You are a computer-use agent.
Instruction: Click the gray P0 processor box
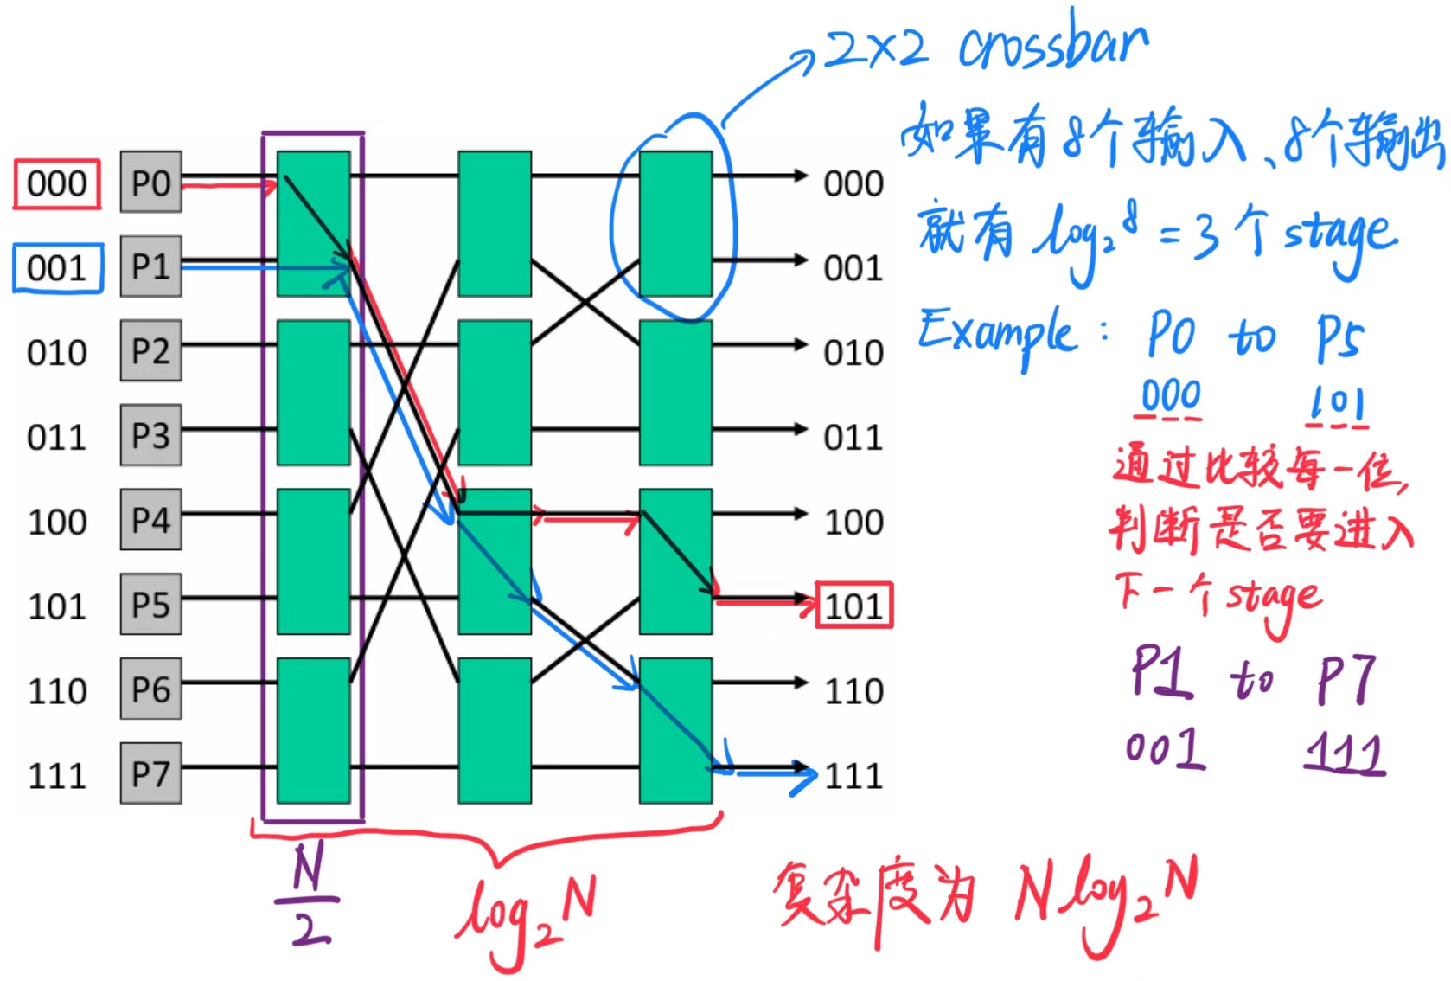tap(151, 183)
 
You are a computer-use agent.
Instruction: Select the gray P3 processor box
tap(151, 436)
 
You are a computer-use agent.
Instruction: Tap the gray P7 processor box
tap(151, 773)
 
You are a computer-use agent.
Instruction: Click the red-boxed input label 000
tap(57, 184)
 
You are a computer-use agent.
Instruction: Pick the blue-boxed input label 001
tap(57, 268)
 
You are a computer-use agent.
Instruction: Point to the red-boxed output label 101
tap(853, 606)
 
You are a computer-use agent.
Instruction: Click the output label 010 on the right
tap(853, 353)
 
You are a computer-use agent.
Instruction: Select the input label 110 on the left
tap(57, 691)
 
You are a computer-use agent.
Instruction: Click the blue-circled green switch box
tap(675, 223)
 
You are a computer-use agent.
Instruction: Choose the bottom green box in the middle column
tap(495, 730)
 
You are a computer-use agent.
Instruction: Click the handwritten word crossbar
tap(1053, 45)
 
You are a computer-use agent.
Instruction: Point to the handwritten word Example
tap(998, 335)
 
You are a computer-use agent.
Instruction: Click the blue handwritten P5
tap(1339, 339)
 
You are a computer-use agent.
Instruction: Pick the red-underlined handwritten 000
tap(1170, 398)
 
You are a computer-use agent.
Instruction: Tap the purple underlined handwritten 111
tap(1346, 753)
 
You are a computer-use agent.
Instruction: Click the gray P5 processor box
tap(151, 605)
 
